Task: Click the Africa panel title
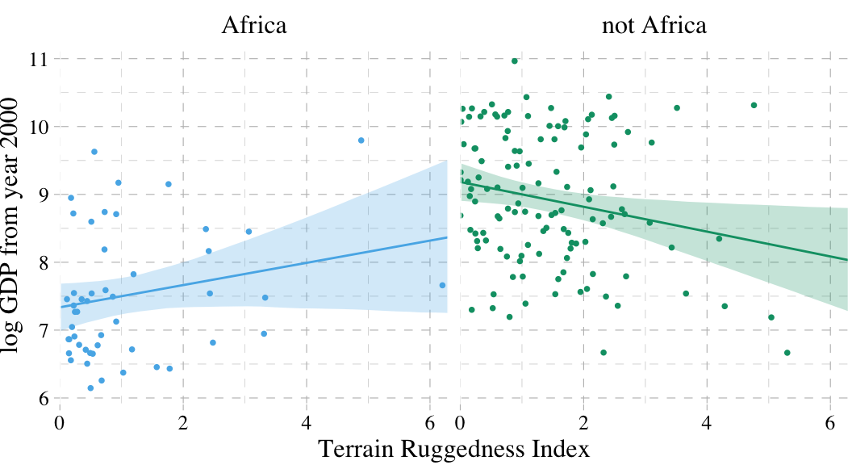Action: (254, 26)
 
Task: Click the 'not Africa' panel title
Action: (654, 26)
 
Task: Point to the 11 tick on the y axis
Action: (38, 60)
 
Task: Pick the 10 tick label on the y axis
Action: (38, 128)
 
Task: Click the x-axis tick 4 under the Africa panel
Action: (307, 422)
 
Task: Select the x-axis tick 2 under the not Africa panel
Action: (583, 422)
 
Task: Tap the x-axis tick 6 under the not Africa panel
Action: (830, 422)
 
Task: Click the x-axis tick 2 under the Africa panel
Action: (183, 422)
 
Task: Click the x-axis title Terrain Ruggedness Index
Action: (453, 449)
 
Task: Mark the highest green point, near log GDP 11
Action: (514, 61)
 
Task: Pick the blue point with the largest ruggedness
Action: (442, 285)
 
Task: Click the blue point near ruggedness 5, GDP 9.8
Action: (361, 140)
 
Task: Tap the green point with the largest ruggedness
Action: (787, 353)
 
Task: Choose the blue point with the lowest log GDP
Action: (90, 388)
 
